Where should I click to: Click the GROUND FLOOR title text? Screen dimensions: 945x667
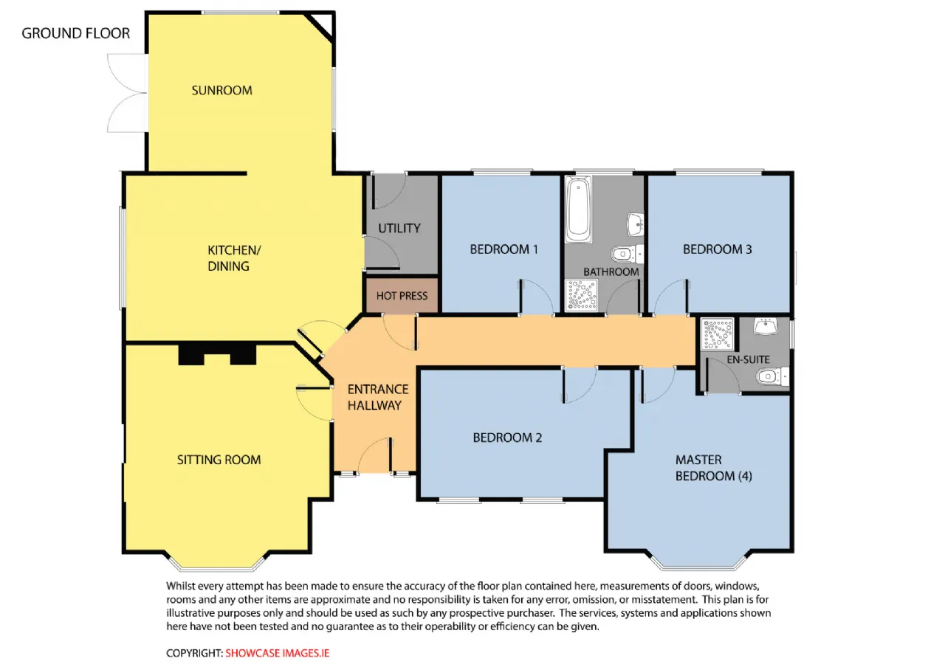click(x=75, y=33)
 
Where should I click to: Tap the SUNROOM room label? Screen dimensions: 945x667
click(x=222, y=90)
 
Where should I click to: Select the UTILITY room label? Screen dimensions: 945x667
click(x=399, y=229)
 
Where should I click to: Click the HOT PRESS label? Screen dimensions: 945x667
click(x=402, y=296)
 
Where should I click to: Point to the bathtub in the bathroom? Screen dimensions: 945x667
click(x=578, y=210)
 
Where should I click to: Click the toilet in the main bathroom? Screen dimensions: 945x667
click(x=628, y=255)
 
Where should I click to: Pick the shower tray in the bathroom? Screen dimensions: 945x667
click(x=581, y=294)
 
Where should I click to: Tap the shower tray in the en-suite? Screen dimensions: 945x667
click(x=717, y=334)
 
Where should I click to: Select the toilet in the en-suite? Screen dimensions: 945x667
click(x=772, y=376)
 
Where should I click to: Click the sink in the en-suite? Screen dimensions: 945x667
click(x=766, y=327)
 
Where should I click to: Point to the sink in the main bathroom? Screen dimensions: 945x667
click(x=636, y=224)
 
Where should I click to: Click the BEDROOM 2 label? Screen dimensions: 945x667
click(x=507, y=438)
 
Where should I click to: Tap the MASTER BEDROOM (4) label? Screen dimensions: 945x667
click(x=713, y=468)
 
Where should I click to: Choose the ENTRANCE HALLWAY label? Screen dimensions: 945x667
click(x=377, y=397)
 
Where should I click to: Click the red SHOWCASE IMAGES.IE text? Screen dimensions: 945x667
click(x=277, y=653)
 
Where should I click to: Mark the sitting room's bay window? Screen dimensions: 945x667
click(x=217, y=563)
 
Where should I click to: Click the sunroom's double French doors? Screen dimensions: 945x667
click(x=127, y=93)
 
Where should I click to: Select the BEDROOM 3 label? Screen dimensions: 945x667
click(x=717, y=249)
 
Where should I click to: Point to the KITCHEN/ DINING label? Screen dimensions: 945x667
click(x=234, y=258)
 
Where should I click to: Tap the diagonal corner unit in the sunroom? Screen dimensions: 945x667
click(x=320, y=27)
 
